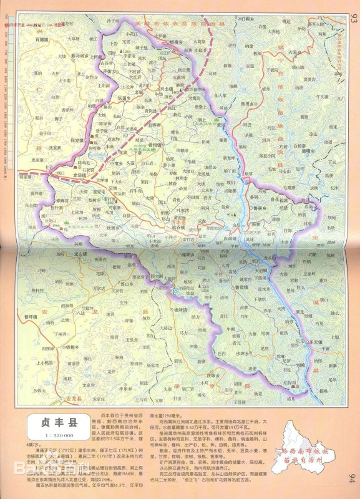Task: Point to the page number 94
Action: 352,479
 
